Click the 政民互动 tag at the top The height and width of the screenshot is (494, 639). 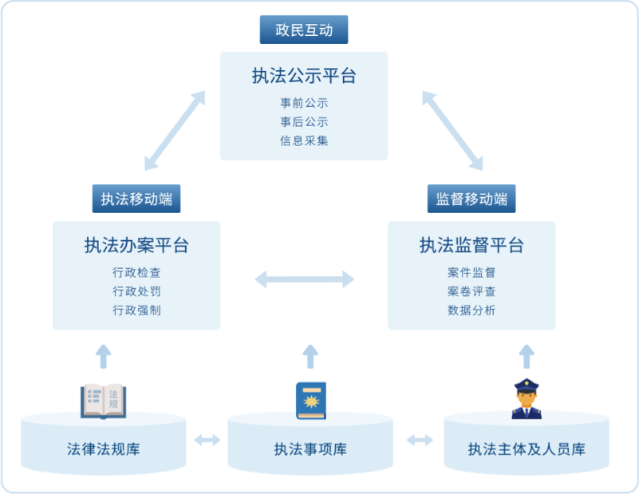coord(304,30)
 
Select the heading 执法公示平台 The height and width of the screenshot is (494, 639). coord(304,77)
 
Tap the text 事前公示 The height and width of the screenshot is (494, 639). coord(304,103)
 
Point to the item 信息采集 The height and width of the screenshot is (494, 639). coord(304,140)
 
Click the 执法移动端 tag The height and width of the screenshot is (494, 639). coord(136,199)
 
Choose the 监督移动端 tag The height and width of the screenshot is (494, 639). coord(471,199)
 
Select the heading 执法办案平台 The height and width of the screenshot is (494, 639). coord(136,246)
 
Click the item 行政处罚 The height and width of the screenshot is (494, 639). coord(136,291)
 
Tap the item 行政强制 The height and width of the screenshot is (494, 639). coord(136,310)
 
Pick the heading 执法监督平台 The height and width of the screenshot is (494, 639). coord(471,246)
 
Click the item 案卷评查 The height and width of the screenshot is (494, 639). coord(471,291)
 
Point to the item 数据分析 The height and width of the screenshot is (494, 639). coord(471,310)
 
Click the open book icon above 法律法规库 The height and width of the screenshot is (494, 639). coord(104,401)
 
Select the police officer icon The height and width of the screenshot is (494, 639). coord(526,400)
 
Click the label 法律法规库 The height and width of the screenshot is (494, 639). coord(104,449)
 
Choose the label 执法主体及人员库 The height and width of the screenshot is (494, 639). coord(527,449)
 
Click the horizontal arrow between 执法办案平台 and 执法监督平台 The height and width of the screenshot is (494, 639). coord(304,279)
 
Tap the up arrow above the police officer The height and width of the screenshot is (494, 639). coord(526,356)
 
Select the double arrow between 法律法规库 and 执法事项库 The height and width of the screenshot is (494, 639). coord(207,440)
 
